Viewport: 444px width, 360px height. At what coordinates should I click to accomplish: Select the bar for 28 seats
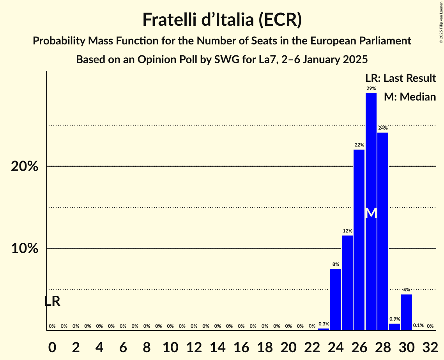point(383,231)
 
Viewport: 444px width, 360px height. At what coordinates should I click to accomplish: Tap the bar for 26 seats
point(359,240)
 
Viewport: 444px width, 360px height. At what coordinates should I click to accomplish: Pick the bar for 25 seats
point(347,282)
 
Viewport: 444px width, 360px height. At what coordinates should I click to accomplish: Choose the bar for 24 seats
point(336,299)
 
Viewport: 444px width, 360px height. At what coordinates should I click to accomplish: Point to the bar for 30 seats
point(407,312)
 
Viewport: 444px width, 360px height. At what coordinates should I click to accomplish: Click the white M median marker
point(371,213)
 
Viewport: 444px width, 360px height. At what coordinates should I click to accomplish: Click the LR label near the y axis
point(52,301)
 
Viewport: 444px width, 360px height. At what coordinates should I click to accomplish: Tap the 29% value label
point(371,88)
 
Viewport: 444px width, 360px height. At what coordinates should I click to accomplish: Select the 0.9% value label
point(394,319)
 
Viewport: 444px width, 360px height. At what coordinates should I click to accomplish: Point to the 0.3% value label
point(324,324)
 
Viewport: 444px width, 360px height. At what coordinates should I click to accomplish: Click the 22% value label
point(359,145)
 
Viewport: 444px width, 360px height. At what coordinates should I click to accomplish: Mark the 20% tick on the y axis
point(25,166)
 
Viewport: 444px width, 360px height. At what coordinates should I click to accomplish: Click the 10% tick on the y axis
point(25,249)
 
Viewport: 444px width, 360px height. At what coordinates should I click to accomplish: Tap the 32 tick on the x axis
point(430,347)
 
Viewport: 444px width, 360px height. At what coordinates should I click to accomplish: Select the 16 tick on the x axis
point(241,347)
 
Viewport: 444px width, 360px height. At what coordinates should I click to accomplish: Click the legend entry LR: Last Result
point(400,78)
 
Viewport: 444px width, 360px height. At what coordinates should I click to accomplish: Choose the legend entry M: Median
point(410,97)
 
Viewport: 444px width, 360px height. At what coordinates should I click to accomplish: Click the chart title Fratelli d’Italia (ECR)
point(222,19)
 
